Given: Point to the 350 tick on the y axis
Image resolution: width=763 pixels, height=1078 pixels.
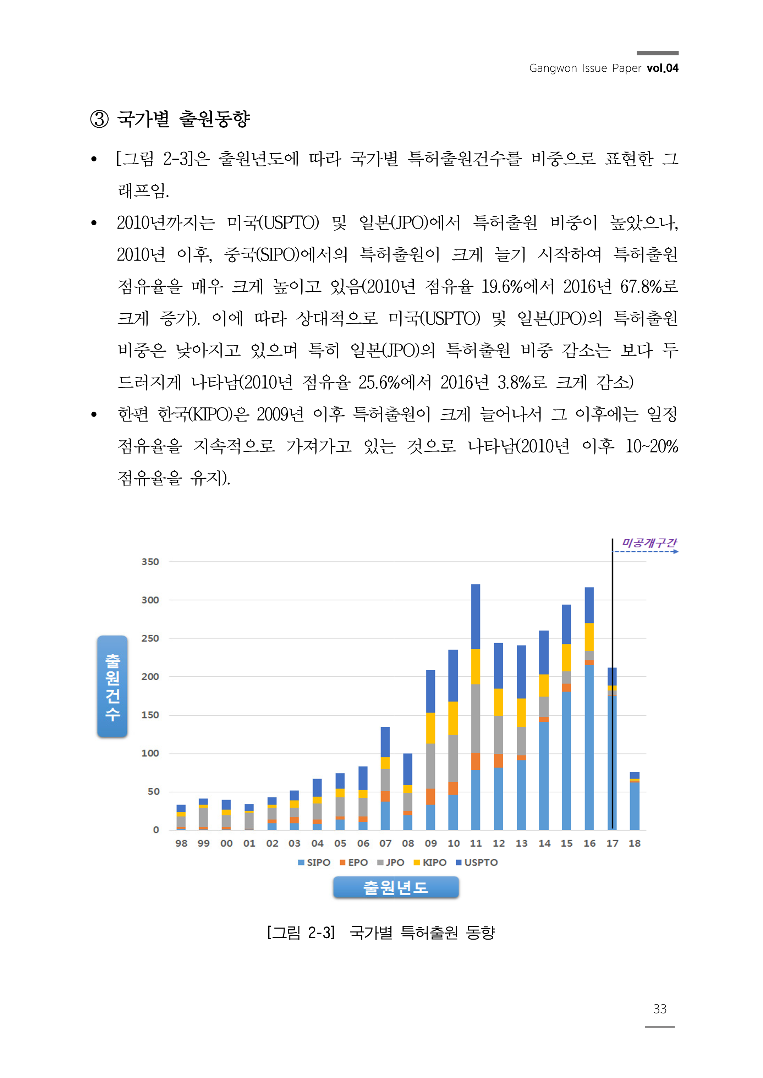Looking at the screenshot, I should [x=150, y=562].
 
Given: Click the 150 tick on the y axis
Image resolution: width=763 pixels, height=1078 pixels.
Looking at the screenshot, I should [x=150, y=715].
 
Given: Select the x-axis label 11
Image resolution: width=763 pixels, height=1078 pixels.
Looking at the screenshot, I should [x=476, y=843].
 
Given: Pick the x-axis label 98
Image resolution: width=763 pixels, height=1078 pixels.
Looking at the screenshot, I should [x=181, y=843].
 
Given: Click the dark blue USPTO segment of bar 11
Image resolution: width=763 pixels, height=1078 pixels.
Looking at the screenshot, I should [x=476, y=616].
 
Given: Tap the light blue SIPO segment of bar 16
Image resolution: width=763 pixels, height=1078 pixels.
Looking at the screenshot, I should [x=589, y=747].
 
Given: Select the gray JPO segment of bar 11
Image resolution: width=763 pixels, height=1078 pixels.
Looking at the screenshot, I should [x=476, y=719].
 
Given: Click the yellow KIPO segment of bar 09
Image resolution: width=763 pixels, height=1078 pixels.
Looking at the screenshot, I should [x=430, y=728].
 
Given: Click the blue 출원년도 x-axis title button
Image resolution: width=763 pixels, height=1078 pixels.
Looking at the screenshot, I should [x=396, y=887].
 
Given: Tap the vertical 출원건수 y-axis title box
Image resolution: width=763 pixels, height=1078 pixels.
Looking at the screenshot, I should [x=112, y=686].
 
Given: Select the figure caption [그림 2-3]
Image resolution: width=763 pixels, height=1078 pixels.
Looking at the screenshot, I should [x=301, y=933].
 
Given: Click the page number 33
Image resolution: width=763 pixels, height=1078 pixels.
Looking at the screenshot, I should [x=660, y=1009].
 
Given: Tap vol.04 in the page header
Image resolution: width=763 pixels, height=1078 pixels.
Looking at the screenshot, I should [x=663, y=68].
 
